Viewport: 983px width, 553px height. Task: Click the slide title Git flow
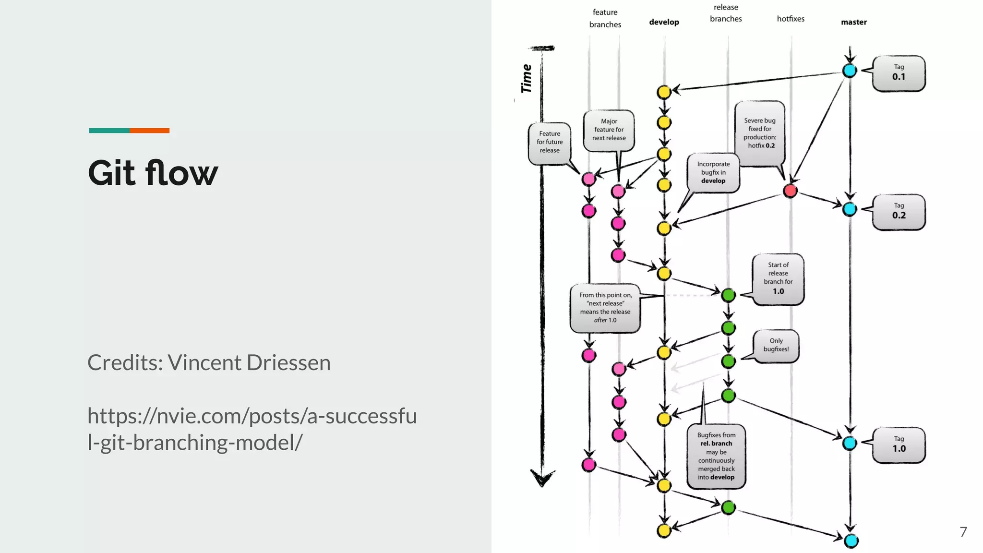pyautogui.click(x=153, y=173)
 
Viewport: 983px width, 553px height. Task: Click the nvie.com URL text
pyautogui.click(x=252, y=429)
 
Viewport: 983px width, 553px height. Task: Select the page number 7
pyautogui.click(x=963, y=532)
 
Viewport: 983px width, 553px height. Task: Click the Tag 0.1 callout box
pyautogui.click(x=899, y=73)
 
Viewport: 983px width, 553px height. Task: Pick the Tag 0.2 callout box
pyautogui.click(x=899, y=212)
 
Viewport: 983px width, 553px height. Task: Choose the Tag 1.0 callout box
pyautogui.click(x=899, y=445)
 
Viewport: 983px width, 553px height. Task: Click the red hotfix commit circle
pyautogui.click(x=790, y=191)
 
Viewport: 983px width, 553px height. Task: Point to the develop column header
pyautogui.click(x=664, y=22)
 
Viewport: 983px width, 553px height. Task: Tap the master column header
pyautogui.click(x=853, y=22)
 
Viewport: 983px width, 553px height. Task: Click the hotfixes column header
pyautogui.click(x=791, y=19)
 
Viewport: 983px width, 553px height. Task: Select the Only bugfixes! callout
pyautogui.click(x=776, y=345)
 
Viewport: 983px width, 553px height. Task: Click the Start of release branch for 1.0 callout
pyautogui.click(x=778, y=278)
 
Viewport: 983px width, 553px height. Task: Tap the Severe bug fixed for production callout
pyautogui.click(x=760, y=133)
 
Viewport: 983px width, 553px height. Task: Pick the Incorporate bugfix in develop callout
pyautogui.click(x=713, y=172)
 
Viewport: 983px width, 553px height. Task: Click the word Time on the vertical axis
pyautogui.click(x=527, y=78)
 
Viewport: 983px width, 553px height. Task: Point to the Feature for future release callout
pyautogui.click(x=549, y=142)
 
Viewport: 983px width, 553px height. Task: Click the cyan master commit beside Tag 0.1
pyautogui.click(x=850, y=71)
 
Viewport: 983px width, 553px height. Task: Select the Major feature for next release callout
pyautogui.click(x=609, y=130)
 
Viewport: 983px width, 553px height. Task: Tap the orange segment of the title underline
pyautogui.click(x=149, y=131)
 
